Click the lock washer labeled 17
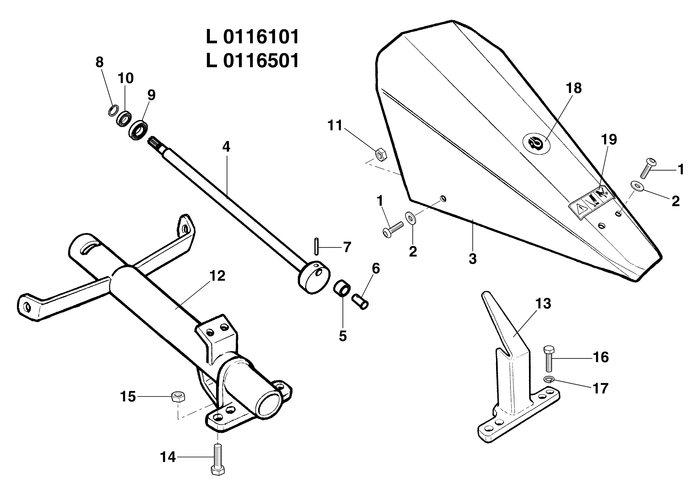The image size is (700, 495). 549,379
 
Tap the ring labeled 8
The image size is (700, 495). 113,110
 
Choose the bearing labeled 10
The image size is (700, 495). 124,119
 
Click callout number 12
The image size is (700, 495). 217,276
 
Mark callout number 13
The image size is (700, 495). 543,304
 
